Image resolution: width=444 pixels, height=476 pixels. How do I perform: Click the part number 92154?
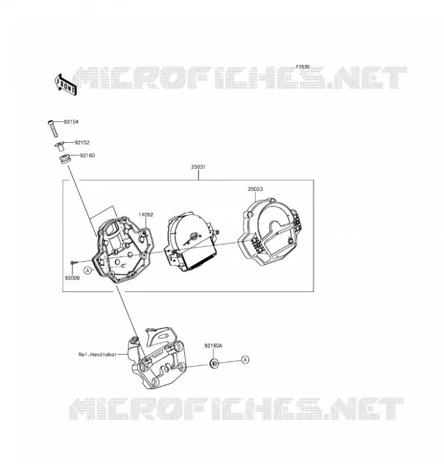point(71,122)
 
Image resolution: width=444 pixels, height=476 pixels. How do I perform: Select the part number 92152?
point(82,142)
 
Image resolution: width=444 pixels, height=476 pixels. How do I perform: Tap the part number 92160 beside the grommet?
point(87,155)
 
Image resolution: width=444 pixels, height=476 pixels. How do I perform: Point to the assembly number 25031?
point(199,167)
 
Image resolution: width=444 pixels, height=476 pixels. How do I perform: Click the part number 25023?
point(256,189)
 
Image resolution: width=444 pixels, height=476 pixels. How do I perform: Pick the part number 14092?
point(146,215)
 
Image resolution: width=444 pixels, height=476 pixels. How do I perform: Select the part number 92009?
point(72,278)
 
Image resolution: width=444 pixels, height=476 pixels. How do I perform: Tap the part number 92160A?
point(213,346)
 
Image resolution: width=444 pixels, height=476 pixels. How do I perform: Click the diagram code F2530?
point(303,67)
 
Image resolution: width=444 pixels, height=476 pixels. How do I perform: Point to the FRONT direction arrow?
point(66,85)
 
